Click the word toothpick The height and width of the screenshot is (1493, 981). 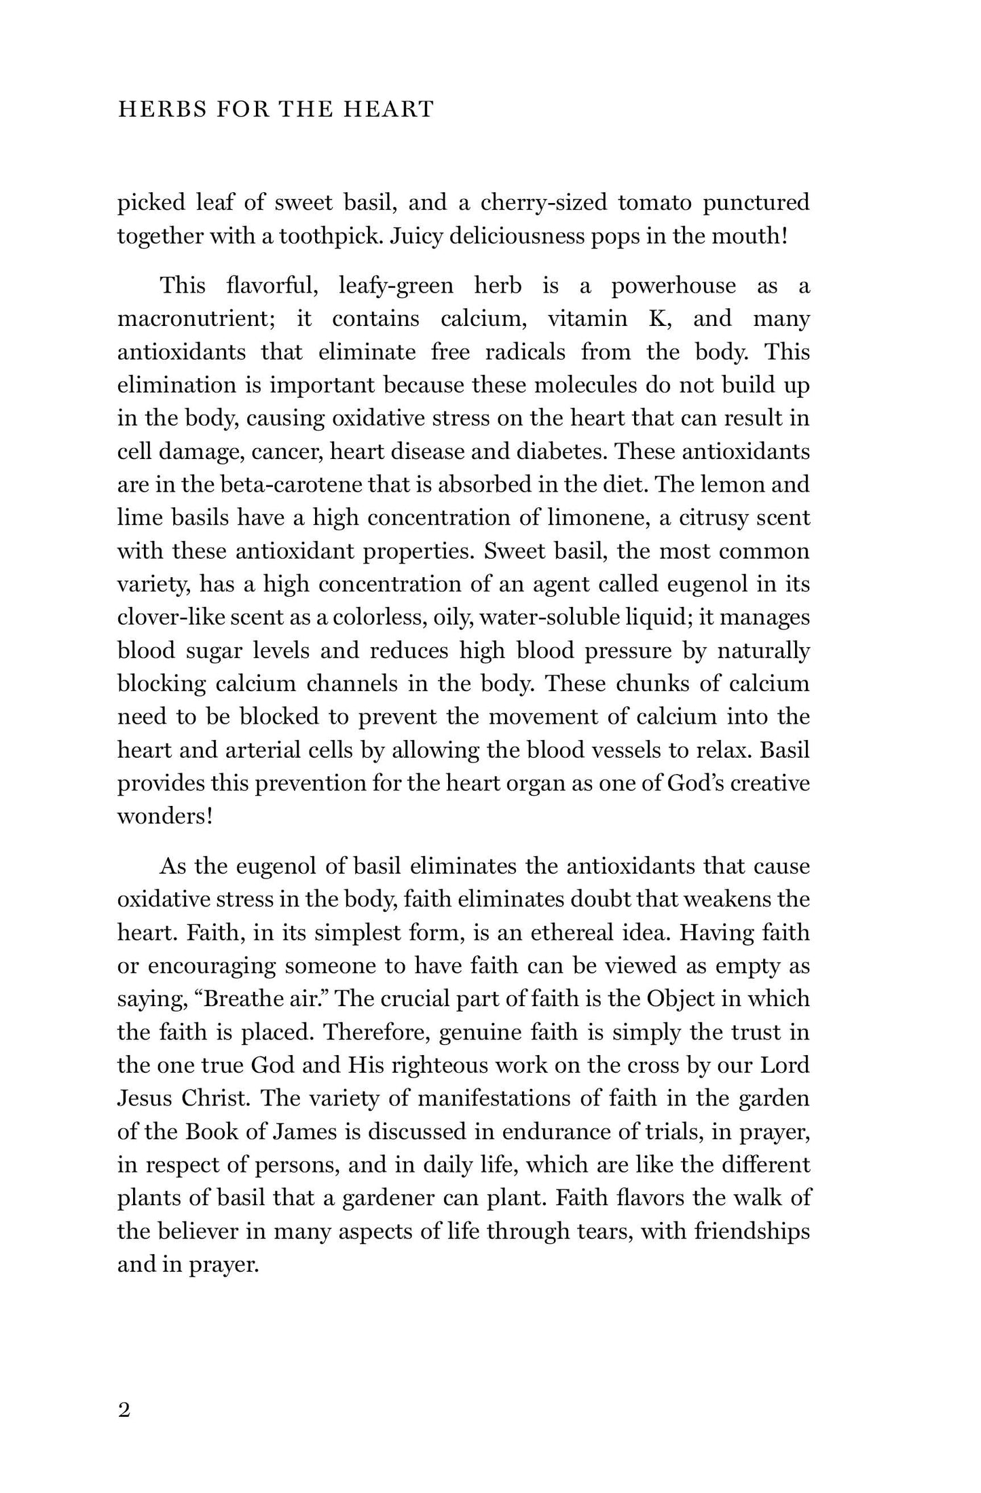click(x=326, y=236)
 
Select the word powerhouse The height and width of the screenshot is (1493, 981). click(x=673, y=286)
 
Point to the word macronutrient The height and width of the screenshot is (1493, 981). click(x=198, y=319)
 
